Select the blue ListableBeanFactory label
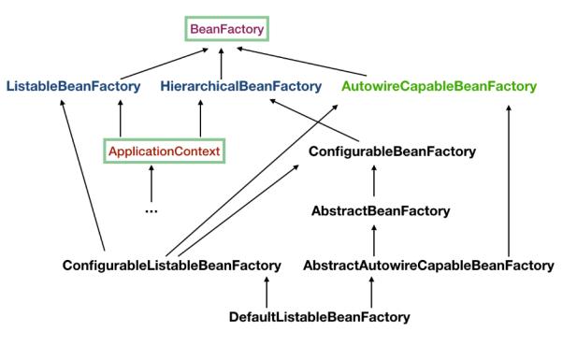pyautogui.click(x=74, y=86)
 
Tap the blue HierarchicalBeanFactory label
pyautogui.click(x=240, y=86)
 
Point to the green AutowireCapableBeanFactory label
pyautogui.click(x=439, y=86)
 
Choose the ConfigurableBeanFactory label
pyautogui.click(x=379, y=150)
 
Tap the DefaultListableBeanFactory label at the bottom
pyautogui.click(x=319, y=317)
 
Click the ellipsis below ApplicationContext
pyautogui.click(x=151, y=209)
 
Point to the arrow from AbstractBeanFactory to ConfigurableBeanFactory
pyautogui.click(x=374, y=180)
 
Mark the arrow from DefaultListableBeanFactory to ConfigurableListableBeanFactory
pyautogui.click(x=267, y=291)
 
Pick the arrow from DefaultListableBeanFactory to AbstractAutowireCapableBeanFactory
pyautogui.click(x=373, y=291)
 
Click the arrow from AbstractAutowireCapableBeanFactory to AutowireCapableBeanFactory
pyautogui.click(x=508, y=178)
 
